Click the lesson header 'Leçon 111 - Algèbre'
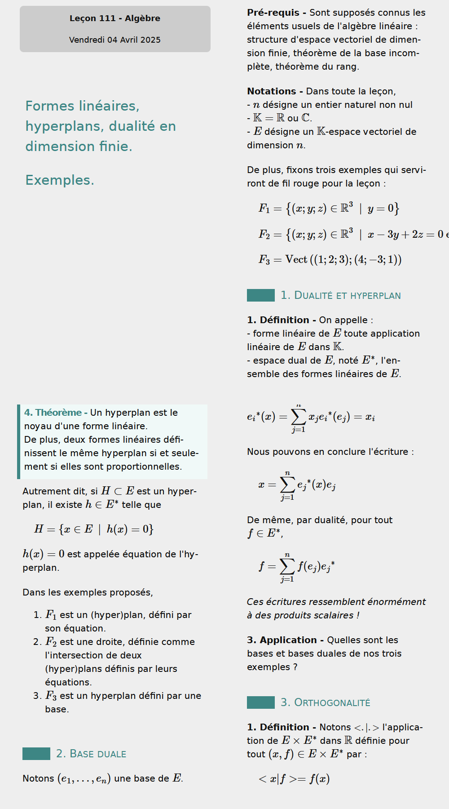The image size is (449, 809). (115, 18)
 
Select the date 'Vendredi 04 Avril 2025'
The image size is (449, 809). (115, 40)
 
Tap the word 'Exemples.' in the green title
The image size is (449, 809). (60, 180)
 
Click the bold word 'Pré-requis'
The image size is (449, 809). (273, 13)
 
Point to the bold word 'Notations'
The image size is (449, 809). (272, 91)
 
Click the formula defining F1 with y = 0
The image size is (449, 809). (329, 208)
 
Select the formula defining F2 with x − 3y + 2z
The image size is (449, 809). (352, 234)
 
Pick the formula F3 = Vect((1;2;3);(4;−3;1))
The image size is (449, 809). (330, 259)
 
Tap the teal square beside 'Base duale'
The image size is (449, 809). (36, 754)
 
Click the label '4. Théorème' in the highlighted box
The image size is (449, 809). (53, 413)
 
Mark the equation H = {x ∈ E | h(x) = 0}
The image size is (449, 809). (94, 529)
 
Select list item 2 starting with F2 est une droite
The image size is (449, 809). (120, 662)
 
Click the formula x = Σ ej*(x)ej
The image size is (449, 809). (297, 485)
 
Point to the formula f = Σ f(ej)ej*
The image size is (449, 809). (297, 567)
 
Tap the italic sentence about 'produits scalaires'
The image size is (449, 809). (336, 609)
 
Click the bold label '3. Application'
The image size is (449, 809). (282, 640)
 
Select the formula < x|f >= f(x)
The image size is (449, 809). (294, 779)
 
